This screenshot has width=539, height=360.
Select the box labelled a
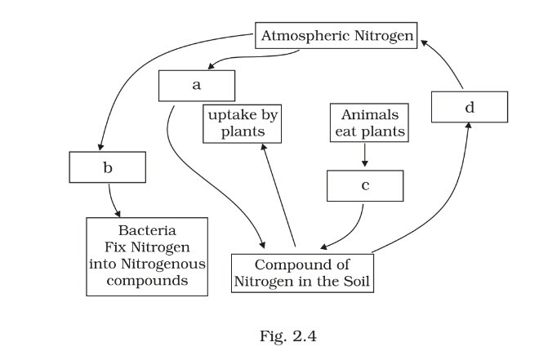tap(197, 84)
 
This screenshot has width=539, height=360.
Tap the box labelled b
tap(108, 168)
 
